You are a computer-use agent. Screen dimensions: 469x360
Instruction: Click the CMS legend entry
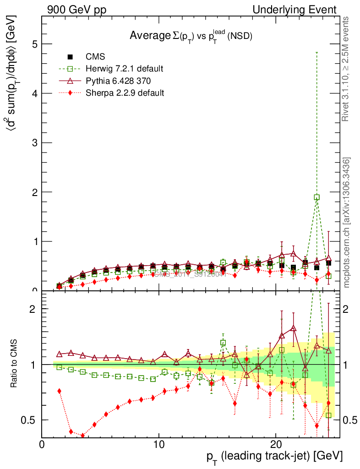click(95, 57)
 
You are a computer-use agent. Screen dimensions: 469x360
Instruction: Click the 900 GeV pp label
click(76, 10)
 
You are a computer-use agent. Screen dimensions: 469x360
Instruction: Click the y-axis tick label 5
click(35, 44)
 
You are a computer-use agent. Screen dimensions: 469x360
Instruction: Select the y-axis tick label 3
click(35, 143)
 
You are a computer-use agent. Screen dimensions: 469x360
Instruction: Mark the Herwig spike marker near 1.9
click(316, 197)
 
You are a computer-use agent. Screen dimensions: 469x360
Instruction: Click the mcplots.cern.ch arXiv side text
click(347, 223)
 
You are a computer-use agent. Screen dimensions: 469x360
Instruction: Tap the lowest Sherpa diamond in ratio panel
click(82, 436)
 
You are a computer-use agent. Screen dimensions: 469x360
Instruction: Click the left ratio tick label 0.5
click(31, 420)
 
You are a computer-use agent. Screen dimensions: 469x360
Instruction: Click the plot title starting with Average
click(191, 36)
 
